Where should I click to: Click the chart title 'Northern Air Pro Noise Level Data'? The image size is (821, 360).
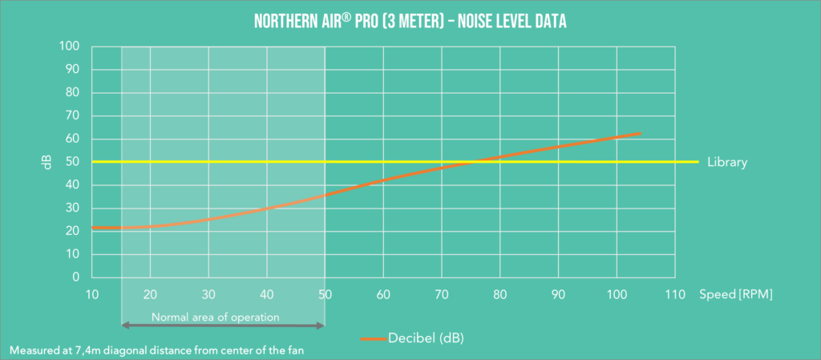(x=410, y=22)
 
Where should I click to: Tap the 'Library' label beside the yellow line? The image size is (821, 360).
(x=727, y=162)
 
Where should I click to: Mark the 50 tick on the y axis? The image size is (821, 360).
(x=71, y=162)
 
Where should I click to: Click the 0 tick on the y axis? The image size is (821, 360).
(x=75, y=277)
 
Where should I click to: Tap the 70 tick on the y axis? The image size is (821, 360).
(x=71, y=115)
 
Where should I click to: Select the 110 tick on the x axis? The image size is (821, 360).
(x=675, y=294)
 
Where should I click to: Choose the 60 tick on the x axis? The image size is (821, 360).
(x=383, y=294)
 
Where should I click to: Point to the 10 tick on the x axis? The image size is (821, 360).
(x=92, y=294)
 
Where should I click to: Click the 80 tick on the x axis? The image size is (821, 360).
(x=500, y=294)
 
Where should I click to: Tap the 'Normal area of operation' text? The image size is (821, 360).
(x=215, y=317)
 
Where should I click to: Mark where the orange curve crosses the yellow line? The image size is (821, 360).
(x=475, y=162)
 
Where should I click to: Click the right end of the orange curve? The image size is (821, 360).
(x=640, y=134)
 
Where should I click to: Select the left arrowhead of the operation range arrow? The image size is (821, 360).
(x=124, y=325)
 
